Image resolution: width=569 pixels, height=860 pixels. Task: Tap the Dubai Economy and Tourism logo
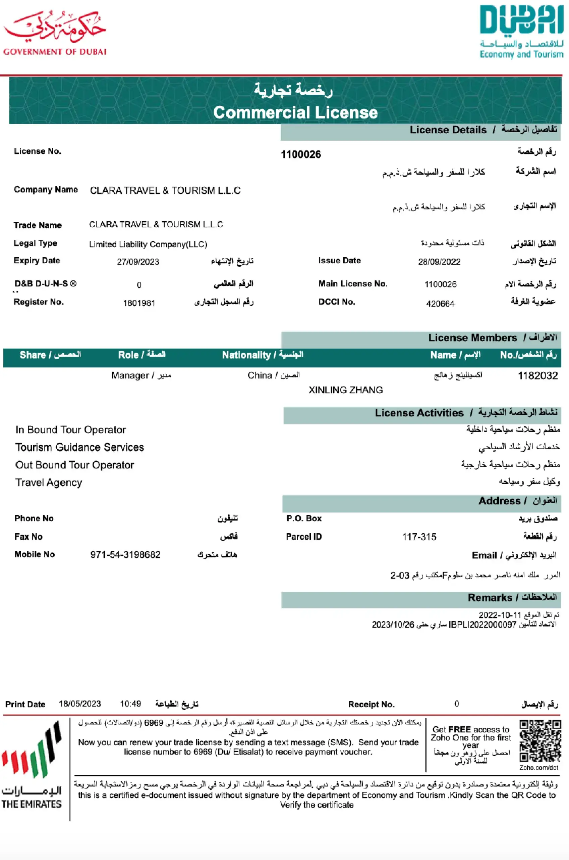tap(521, 32)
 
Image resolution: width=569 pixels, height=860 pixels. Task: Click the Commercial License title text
tap(295, 112)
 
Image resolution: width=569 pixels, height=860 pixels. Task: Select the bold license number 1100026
tap(301, 154)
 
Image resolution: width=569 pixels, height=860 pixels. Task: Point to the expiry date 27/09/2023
tap(138, 262)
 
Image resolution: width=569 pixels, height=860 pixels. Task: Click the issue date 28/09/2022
tap(439, 262)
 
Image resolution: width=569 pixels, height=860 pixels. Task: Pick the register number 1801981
tap(139, 303)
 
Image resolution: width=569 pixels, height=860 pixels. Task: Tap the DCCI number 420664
tap(440, 303)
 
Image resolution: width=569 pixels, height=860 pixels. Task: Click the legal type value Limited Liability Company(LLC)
tap(148, 244)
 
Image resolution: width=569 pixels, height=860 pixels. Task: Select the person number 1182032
tap(537, 375)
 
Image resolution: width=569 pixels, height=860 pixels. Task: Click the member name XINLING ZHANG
tap(345, 390)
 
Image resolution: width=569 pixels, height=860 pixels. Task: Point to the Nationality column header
tap(262, 355)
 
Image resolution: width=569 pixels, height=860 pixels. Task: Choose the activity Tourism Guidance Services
tap(79, 447)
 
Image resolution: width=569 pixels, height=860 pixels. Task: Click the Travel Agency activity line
tap(49, 482)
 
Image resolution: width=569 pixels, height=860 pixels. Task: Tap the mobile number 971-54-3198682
tap(125, 554)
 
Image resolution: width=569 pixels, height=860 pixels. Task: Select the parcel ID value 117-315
tap(419, 537)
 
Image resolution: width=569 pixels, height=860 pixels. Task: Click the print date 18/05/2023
tap(80, 704)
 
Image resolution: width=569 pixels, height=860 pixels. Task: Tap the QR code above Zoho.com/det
tap(540, 741)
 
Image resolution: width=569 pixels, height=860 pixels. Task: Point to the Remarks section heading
tap(512, 598)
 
